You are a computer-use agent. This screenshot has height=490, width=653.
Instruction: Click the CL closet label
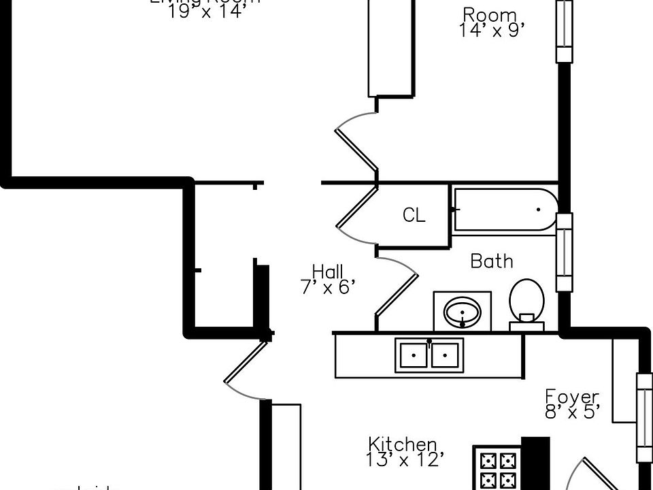click(414, 216)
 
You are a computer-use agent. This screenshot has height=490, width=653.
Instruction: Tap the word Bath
click(492, 261)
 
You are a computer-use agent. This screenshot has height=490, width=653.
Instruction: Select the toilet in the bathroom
click(527, 301)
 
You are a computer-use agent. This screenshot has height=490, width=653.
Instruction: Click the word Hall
click(328, 272)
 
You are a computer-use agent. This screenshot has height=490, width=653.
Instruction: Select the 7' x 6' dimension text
click(329, 288)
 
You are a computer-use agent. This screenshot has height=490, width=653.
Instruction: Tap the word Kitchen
click(403, 445)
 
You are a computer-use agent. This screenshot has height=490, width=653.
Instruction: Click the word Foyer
click(573, 397)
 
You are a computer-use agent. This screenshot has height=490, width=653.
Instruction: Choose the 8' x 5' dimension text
click(572, 412)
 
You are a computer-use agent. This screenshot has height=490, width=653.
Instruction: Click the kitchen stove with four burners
click(497, 468)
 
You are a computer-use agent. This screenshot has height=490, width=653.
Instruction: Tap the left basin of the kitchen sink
click(413, 355)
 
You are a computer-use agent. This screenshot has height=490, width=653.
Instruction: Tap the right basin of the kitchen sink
click(445, 355)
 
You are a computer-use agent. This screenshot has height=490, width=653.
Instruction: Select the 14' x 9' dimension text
click(492, 31)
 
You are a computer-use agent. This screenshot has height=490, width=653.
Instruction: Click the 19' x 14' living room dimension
click(206, 12)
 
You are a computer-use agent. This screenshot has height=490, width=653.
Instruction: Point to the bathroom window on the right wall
click(564, 252)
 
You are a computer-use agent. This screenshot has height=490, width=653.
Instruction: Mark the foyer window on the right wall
click(643, 418)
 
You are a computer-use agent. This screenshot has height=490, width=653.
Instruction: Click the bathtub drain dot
click(538, 210)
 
